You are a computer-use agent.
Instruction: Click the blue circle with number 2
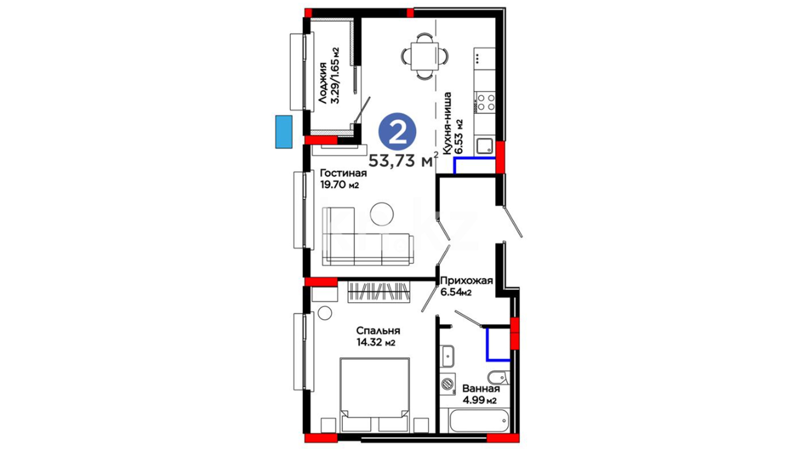point(397,131)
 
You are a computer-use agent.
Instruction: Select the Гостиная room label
point(343,173)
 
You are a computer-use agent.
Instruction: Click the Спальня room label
point(378,331)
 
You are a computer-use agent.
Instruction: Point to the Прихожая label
point(466,281)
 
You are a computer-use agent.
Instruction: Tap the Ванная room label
point(481,389)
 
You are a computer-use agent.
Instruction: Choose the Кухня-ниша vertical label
point(447,123)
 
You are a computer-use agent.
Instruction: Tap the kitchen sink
point(484,146)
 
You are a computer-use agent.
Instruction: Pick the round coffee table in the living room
point(382,214)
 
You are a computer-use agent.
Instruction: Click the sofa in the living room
point(368,236)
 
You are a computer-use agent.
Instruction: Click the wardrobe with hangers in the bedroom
point(379,292)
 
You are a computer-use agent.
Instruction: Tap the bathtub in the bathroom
point(479,421)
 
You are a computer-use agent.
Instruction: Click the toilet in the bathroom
point(498,377)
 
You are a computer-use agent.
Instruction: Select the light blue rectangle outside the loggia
point(284,132)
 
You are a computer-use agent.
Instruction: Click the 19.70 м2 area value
point(339,185)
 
